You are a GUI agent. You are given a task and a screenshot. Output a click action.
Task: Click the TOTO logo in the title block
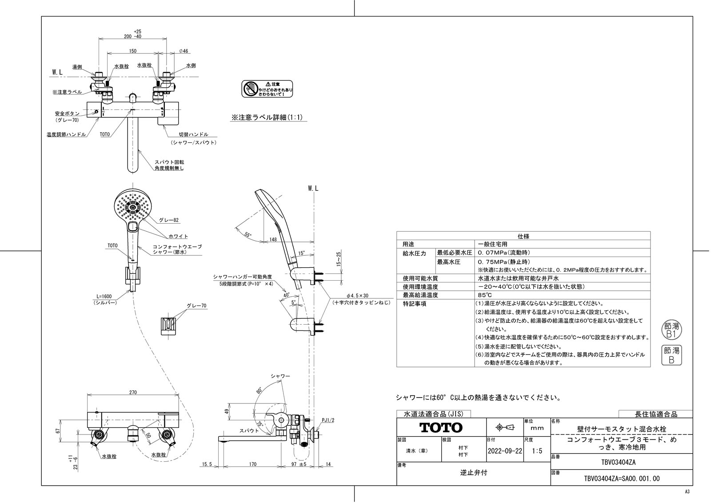(441, 428)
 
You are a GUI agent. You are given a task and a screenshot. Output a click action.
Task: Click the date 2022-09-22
(505, 451)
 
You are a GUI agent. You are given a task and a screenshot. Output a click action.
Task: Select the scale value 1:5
(537, 451)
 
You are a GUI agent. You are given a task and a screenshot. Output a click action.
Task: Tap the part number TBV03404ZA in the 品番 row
(621, 462)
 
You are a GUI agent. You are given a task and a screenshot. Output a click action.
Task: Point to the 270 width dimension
(133, 392)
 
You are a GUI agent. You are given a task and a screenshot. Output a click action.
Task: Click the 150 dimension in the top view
(132, 51)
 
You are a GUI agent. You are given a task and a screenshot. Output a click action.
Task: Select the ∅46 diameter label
(184, 51)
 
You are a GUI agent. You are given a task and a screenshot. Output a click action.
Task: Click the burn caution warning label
(267, 89)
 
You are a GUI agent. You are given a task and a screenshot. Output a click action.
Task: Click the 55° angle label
(248, 234)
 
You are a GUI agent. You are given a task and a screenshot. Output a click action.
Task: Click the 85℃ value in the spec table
(484, 295)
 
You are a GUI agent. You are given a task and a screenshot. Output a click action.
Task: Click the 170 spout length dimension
(252, 465)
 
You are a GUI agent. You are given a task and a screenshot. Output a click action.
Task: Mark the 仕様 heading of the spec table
(523, 236)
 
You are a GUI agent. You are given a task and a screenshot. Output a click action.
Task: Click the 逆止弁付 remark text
(473, 473)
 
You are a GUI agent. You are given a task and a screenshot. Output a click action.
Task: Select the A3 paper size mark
(687, 492)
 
